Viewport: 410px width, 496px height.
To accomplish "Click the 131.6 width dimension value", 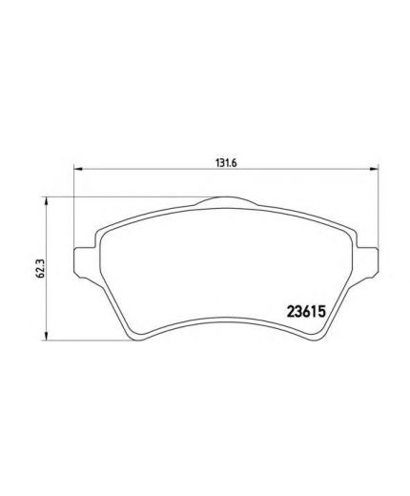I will (x=224, y=162).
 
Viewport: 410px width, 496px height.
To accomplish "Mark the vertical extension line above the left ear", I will (x=75, y=210).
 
